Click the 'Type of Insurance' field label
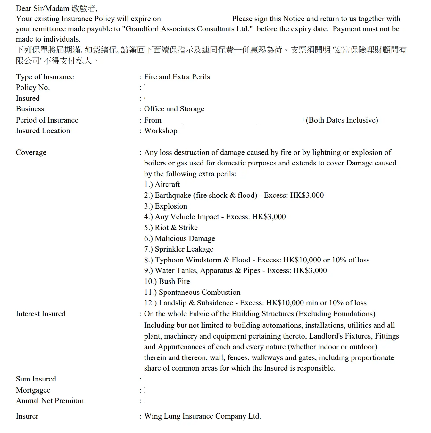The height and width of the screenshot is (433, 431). point(45,77)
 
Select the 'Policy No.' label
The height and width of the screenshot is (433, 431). point(33,87)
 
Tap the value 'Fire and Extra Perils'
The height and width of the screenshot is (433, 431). point(177,77)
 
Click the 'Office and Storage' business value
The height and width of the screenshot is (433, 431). point(174,109)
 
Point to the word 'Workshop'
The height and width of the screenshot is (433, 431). point(161,131)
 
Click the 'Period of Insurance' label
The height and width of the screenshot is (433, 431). point(47,120)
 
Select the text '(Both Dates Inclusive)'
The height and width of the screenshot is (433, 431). point(342,120)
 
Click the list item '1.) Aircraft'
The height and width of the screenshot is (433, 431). point(162,184)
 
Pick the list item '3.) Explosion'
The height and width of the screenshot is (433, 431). point(165,206)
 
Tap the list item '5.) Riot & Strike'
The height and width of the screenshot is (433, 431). point(171,228)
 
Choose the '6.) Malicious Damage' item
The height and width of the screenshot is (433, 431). point(179,238)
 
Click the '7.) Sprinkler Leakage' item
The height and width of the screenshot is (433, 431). point(178,249)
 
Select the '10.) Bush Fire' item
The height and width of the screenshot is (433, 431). point(167,281)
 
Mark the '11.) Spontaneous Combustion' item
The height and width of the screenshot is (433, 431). point(192,292)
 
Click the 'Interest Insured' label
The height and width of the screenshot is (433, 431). point(41,314)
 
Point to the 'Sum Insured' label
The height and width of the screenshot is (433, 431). point(36,379)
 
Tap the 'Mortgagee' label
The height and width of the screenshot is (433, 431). point(33,390)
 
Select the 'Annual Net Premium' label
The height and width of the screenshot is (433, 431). point(50,401)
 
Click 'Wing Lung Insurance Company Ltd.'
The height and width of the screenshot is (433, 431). point(203,416)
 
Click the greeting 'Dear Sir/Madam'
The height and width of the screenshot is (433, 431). point(43,8)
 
